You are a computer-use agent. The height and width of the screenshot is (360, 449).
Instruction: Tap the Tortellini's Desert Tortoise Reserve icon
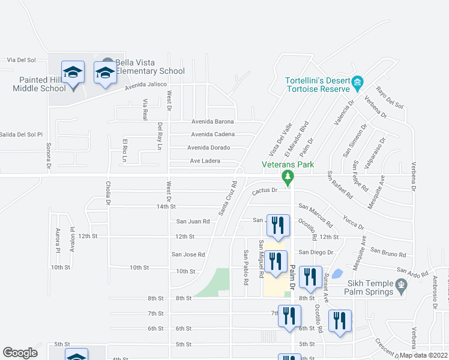[x=358, y=81]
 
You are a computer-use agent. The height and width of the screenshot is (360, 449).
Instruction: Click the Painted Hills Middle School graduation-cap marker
[x=73, y=74]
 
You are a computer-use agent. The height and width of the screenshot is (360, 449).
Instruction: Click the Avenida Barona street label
[x=212, y=121]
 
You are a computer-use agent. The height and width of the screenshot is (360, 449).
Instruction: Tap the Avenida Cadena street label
[x=212, y=134]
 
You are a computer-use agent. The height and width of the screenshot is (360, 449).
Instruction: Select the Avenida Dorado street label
[x=208, y=148]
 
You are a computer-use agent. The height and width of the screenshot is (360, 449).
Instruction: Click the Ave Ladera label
[x=205, y=161]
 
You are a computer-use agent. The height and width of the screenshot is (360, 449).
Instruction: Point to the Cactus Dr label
[x=264, y=191]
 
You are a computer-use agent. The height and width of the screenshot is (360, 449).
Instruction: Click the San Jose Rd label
[x=188, y=254]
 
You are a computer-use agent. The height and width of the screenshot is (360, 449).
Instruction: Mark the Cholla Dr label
[x=109, y=193]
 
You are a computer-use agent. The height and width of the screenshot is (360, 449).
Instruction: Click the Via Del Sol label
[x=22, y=60]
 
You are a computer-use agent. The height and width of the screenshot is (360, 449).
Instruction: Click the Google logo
[x=20, y=353]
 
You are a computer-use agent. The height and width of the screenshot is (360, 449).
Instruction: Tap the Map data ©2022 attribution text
[x=424, y=355]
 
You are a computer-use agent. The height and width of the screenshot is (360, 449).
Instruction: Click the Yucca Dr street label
[x=354, y=223]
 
